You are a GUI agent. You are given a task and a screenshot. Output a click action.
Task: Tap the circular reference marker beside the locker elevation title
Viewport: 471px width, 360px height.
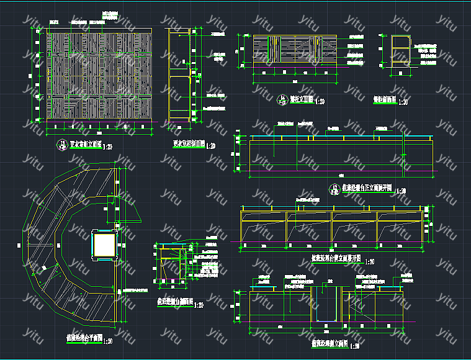[x=61, y=146]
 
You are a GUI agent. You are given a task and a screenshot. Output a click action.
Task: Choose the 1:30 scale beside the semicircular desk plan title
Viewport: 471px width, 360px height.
[x=107, y=340]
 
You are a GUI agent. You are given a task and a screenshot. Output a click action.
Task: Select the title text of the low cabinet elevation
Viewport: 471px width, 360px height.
[x=301, y=99]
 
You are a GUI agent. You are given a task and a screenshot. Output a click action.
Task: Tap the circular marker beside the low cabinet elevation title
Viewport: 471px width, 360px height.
[x=281, y=99]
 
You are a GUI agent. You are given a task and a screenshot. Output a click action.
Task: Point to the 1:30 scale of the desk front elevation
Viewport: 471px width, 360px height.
[x=401, y=191]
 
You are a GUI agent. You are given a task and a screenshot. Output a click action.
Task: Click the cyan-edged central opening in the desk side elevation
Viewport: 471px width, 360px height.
[x=325, y=304]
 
